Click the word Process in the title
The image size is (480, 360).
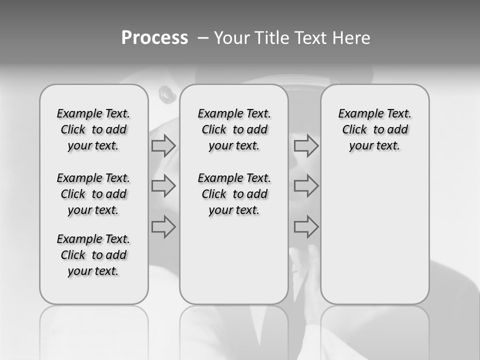click(154, 38)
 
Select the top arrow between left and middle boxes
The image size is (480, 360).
click(163, 146)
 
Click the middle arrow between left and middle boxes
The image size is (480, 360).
click(163, 186)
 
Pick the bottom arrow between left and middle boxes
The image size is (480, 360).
click(163, 227)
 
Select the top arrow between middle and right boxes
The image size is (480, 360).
click(306, 146)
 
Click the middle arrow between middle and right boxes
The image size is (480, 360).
click(306, 186)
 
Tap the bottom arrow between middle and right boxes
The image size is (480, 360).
click(306, 227)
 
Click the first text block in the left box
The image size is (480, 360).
click(93, 129)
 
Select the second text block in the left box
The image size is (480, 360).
click(93, 194)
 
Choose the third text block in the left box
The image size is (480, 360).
click(93, 255)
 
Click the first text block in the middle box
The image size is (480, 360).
click(234, 129)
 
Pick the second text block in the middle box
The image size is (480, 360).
click(234, 194)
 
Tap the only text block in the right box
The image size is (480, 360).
click(374, 129)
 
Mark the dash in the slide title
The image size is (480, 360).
click(203, 38)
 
